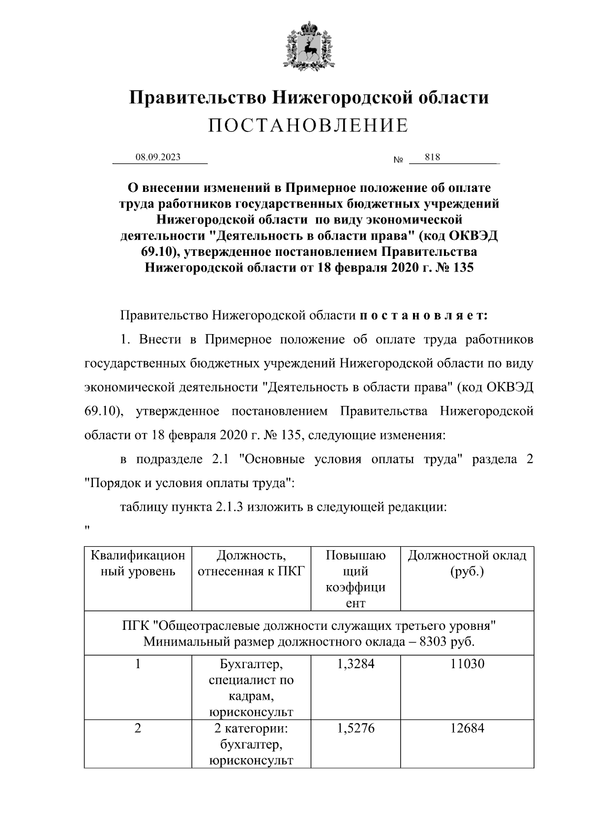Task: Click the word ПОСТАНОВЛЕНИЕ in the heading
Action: tap(308, 126)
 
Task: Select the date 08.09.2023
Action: tap(158, 157)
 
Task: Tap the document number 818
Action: tap(432, 157)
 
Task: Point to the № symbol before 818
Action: tap(398, 160)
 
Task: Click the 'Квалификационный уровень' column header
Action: tap(138, 563)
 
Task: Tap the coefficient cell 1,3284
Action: tap(355, 664)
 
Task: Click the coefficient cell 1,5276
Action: tap(355, 728)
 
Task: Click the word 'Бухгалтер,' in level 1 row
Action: tap(251, 664)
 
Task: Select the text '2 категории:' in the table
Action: tap(251, 728)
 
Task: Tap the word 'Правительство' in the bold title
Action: tap(198, 97)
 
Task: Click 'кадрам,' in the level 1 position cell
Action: tap(251, 696)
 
